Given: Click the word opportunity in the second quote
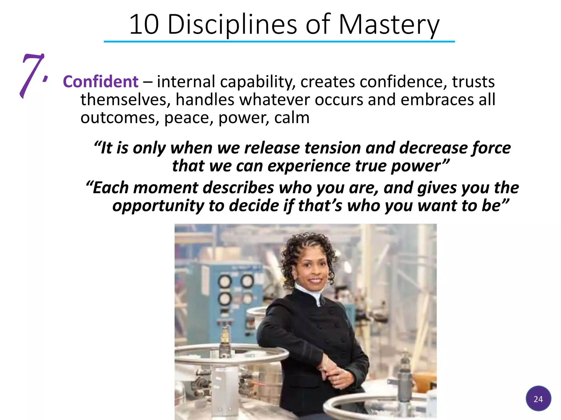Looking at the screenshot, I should coord(158,206).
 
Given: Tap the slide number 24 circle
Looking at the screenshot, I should coord(538,399).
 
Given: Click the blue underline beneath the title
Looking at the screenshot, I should coord(279,42).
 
